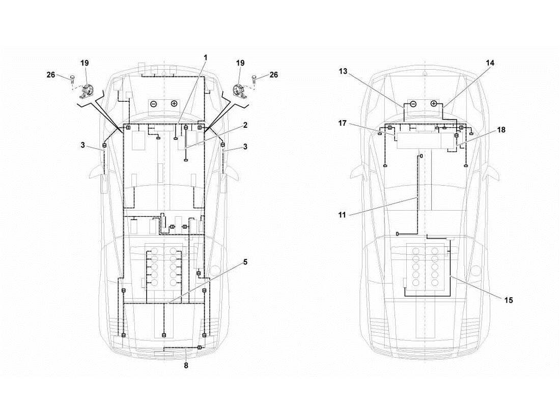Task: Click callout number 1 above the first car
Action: click(206, 58)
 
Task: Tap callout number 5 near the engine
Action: click(245, 262)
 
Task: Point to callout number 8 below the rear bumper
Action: click(186, 365)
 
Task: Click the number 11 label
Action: click(342, 215)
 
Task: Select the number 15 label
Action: click(508, 300)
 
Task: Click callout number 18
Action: click(501, 130)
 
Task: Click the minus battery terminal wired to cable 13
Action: click(413, 104)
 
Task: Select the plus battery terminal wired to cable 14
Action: click(434, 104)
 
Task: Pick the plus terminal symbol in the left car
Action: click(174, 104)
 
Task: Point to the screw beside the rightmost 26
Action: click(254, 79)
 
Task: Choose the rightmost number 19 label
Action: click(240, 63)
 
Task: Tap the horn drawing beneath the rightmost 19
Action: click(238, 91)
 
